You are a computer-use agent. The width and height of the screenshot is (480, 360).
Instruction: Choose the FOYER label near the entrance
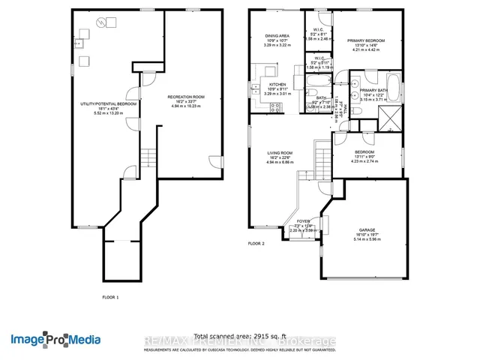pyautogui.click(x=303, y=221)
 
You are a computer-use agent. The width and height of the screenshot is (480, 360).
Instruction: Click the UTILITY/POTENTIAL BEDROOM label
pyautogui.click(x=109, y=103)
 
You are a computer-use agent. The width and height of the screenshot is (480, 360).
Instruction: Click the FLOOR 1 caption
pyautogui.click(x=110, y=297)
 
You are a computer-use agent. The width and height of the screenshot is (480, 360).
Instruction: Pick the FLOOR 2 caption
pyautogui.click(x=257, y=244)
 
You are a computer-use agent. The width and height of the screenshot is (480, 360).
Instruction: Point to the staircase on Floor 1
pyautogui.click(x=148, y=157)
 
